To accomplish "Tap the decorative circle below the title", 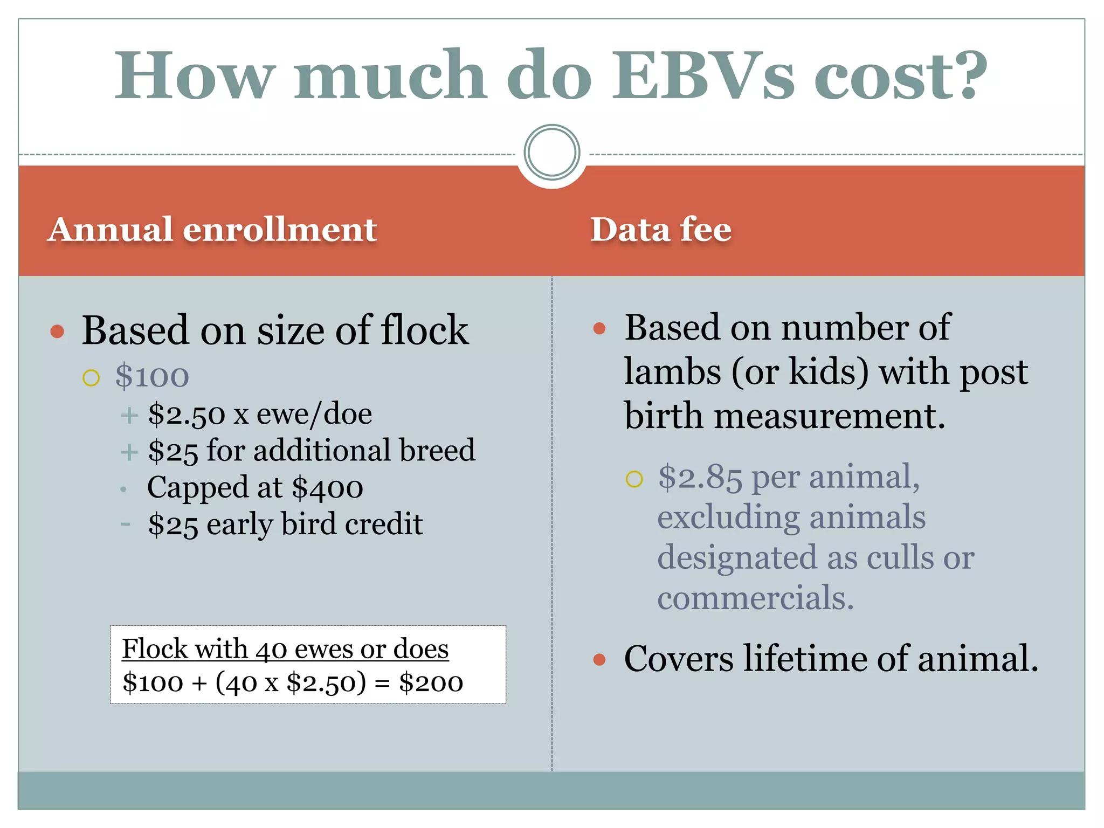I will tap(551, 153).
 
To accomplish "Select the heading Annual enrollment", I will tap(212, 230).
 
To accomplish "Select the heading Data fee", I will tap(661, 230).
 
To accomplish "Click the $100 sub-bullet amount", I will tap(152, 376).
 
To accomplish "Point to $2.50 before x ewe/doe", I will tap(186, 415).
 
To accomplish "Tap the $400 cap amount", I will tap(327, 488).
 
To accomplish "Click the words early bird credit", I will tap(314, 524).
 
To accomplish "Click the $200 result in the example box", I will tap(431, 683).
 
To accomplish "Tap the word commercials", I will tap(755, 598).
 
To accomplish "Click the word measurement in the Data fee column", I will tap(830, 417).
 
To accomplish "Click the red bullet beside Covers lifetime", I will tap(599, 659).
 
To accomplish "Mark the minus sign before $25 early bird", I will tap(126, 524).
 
